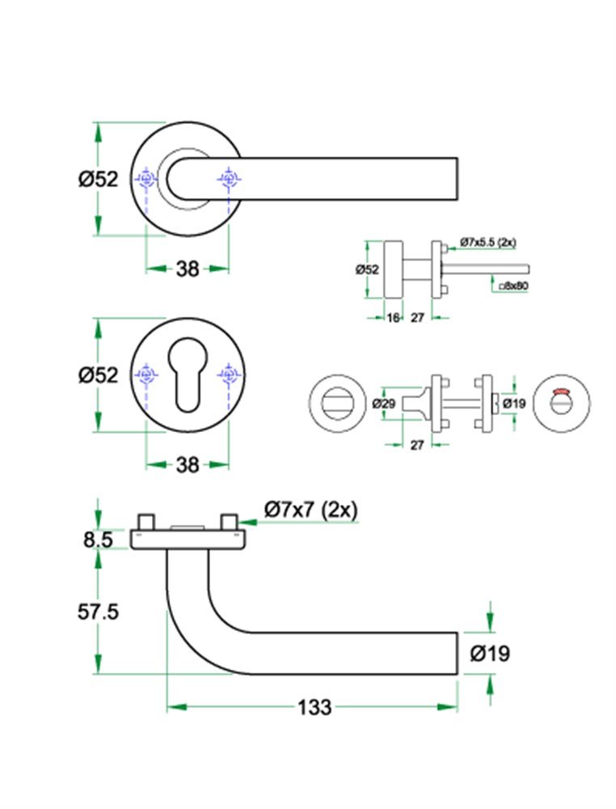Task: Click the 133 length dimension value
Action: [314, 707]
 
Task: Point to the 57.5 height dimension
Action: [98, 612]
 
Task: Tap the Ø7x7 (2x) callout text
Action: [311, 510]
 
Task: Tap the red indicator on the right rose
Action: [559, 393]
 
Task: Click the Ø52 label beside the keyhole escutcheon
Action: [98, 375]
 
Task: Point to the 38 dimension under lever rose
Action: [187, 269]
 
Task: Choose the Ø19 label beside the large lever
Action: [490, 653]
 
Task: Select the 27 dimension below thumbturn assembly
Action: [416, 445]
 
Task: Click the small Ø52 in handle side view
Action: [367, 270]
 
